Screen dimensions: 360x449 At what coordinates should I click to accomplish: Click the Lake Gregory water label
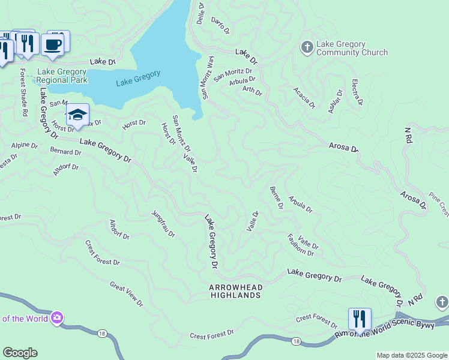138,78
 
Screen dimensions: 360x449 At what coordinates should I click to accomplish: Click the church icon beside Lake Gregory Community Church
307,47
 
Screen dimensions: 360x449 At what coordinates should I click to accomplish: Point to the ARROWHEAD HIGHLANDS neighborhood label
235,291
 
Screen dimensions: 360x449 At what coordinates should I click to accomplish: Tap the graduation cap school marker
77,115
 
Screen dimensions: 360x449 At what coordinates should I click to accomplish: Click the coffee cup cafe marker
53,44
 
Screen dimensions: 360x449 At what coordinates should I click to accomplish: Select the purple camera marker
57,317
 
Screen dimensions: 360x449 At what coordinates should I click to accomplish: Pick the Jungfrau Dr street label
163,223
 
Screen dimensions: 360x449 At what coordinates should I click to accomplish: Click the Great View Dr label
126,294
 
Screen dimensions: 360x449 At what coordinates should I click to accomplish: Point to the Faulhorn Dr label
301,245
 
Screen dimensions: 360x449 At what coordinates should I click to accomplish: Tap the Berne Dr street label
276,197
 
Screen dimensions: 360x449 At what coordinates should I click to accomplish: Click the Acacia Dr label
304,97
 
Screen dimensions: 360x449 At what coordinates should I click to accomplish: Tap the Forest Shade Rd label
24,92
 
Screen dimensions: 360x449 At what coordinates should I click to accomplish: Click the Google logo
20,353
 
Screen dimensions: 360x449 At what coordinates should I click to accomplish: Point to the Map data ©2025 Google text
411,355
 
